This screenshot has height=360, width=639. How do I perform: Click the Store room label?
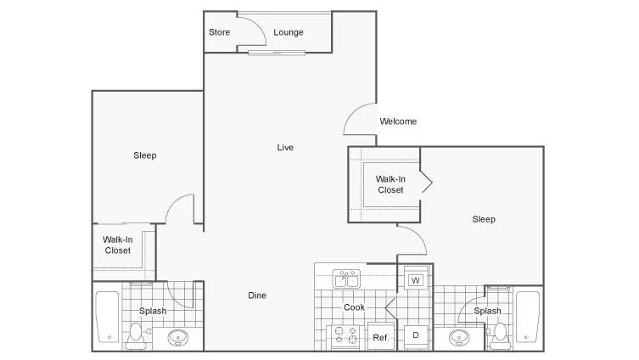(x=219, y=32)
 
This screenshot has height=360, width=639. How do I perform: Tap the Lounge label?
(x=289, y=32)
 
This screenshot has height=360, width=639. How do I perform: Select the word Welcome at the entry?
(x=398, y=121)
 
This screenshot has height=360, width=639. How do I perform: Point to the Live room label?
(x=285, y=148)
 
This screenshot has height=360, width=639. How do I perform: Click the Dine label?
(x=257, y=295)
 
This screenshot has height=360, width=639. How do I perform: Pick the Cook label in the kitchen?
(x=354, y=307)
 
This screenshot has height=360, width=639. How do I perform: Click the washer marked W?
(x=416, y=280)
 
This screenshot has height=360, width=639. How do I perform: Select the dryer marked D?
(x=416, y=335)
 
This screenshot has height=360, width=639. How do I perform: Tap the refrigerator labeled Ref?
(x=381, y=336)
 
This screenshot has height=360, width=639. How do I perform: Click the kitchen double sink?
(x=346, y=278)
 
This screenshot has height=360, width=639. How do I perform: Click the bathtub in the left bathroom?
(x=108, y=317)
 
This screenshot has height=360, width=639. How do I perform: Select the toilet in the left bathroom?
(x=135, y=337)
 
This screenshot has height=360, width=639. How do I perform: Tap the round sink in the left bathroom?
(x=178, y=338)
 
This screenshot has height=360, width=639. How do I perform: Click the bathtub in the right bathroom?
(x=527, y=317)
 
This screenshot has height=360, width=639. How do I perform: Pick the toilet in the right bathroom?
(x=500, y=336)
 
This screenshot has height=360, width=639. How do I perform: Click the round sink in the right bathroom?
(x=459, y=338)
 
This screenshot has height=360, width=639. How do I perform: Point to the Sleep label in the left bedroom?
(x=144, y=155)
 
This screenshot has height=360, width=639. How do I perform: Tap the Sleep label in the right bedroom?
(x=484, y=219)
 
